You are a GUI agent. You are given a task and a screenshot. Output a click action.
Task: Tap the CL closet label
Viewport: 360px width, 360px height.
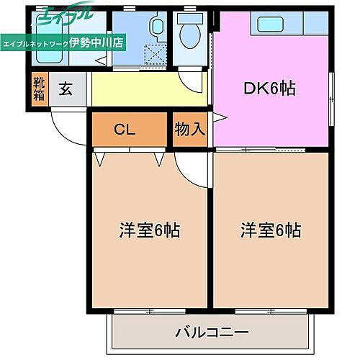(x=125, y=130)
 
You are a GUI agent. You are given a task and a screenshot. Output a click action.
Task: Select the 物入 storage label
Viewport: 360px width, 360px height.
(x=190, y=130)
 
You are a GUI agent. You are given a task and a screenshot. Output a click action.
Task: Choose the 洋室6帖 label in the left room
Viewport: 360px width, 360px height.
(x=149, y=231)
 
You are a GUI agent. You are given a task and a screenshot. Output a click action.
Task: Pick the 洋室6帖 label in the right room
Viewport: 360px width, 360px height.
(x=271, y=231)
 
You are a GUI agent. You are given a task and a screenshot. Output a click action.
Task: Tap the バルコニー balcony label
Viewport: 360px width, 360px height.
(x=212, y=333)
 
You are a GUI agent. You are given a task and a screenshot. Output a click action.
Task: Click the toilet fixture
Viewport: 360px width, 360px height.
(x=191, y=34)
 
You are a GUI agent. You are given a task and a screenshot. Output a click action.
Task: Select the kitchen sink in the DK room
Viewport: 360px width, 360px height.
(x=267, y=24)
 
